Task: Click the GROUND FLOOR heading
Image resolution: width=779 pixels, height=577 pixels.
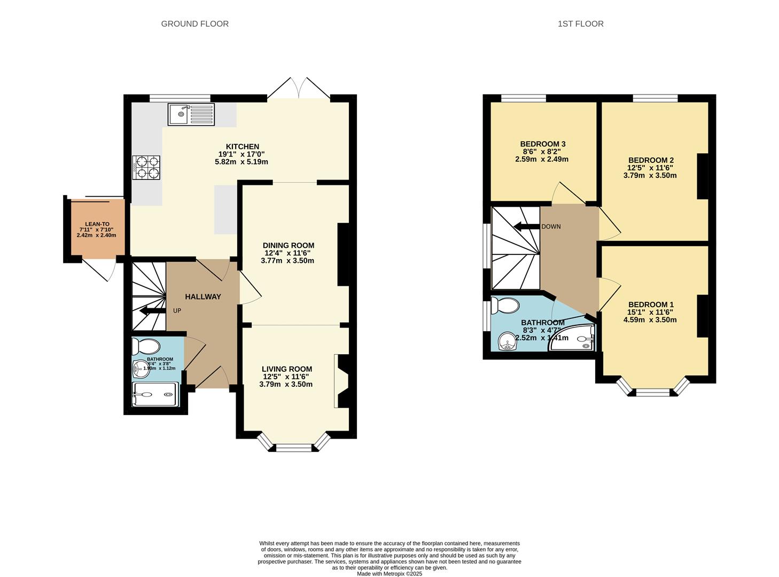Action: click(194, 24)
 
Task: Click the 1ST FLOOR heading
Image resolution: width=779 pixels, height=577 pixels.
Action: click(580, 24)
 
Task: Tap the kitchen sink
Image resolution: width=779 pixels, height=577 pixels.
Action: click(191, 114)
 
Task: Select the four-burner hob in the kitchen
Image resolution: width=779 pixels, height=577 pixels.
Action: click(146, 167)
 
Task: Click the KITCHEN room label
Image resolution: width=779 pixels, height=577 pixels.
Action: click(242, 146)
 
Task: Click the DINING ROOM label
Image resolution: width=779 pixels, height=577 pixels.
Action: click(288, 245)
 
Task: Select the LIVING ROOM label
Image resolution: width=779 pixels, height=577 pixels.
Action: click(286, 369)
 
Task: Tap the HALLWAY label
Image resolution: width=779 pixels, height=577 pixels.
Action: click(202, 297)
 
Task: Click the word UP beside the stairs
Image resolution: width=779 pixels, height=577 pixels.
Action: click(177, 310)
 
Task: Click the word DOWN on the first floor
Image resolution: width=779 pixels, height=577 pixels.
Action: click(551, 227)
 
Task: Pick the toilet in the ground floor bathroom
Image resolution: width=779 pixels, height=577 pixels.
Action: click(146, 346)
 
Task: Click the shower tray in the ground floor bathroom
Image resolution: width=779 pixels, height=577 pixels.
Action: click(155, 395)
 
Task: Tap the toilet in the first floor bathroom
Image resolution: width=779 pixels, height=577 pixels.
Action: click(505, 306)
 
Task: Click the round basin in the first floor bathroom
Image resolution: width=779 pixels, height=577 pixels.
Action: click(507, 341)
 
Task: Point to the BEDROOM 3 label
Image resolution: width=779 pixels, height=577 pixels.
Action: click(542, 144)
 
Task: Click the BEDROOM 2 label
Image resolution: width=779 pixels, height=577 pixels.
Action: click(650, 160)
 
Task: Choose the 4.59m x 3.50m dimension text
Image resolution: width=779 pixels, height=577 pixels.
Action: click(650, 320)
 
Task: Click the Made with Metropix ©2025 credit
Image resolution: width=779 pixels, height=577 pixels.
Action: click(389, 574)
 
